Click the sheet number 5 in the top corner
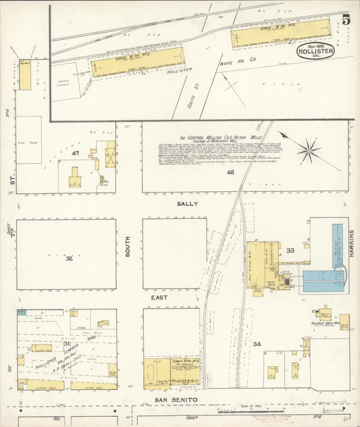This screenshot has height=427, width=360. pyautogui.click(x=345, y=20)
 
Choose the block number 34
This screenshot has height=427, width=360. pyautogui.click(x=257, y=344)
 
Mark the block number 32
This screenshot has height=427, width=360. pyautogui.click(x=69, y=257)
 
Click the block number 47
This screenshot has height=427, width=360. pyautogui.click(x=76, y=154)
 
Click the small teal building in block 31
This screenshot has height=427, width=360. pyautogui.click(x=22, y=311)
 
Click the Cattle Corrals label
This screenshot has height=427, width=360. pyautogui.click(x=66, y=85)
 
